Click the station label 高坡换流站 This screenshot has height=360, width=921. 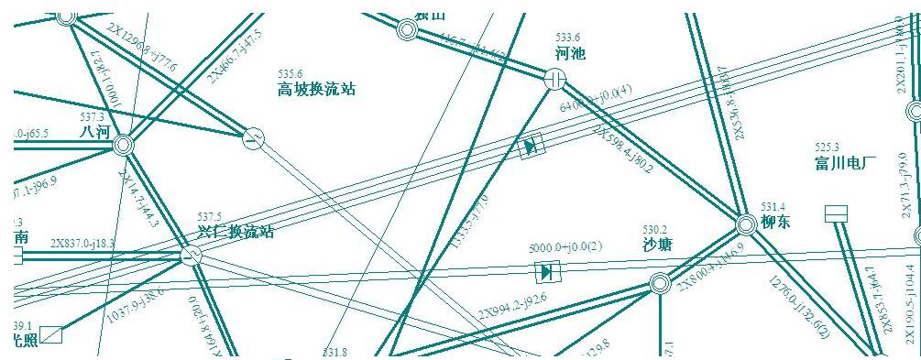316,90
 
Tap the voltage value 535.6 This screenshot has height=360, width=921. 290,74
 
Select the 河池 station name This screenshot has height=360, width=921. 569,54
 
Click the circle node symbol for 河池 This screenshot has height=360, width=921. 554,82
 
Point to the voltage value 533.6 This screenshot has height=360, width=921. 567,38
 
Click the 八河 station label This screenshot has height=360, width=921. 94,132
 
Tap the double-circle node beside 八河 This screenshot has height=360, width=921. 125,145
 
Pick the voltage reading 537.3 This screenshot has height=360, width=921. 92,117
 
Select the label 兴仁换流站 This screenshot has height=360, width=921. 236,232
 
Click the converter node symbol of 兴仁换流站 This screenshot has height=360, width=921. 190,256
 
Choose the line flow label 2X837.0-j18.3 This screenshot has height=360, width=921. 82,243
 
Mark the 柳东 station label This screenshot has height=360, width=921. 775,222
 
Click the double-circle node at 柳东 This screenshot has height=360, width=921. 746,224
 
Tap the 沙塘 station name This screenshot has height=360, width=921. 657,245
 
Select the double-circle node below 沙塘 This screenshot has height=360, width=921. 660,283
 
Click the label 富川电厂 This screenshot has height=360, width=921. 845,164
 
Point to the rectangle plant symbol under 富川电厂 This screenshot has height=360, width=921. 836,214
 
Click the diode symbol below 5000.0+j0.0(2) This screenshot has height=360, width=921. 546,271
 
